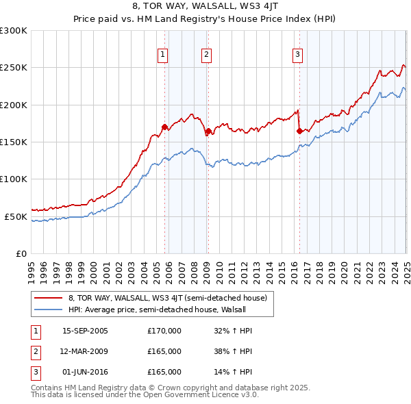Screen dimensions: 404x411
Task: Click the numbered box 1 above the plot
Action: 163,55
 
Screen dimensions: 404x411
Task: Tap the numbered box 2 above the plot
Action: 206,55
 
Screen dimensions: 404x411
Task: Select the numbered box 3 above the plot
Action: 298,55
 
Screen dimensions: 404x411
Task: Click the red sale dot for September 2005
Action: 164,127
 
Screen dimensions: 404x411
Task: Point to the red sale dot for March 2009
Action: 208,131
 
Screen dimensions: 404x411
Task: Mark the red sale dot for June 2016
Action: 299,131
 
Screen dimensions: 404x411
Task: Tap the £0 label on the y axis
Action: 21,253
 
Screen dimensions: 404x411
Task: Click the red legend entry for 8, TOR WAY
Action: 171,298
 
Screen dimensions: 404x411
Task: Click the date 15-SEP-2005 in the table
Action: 85,331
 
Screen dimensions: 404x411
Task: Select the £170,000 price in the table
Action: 164,331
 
